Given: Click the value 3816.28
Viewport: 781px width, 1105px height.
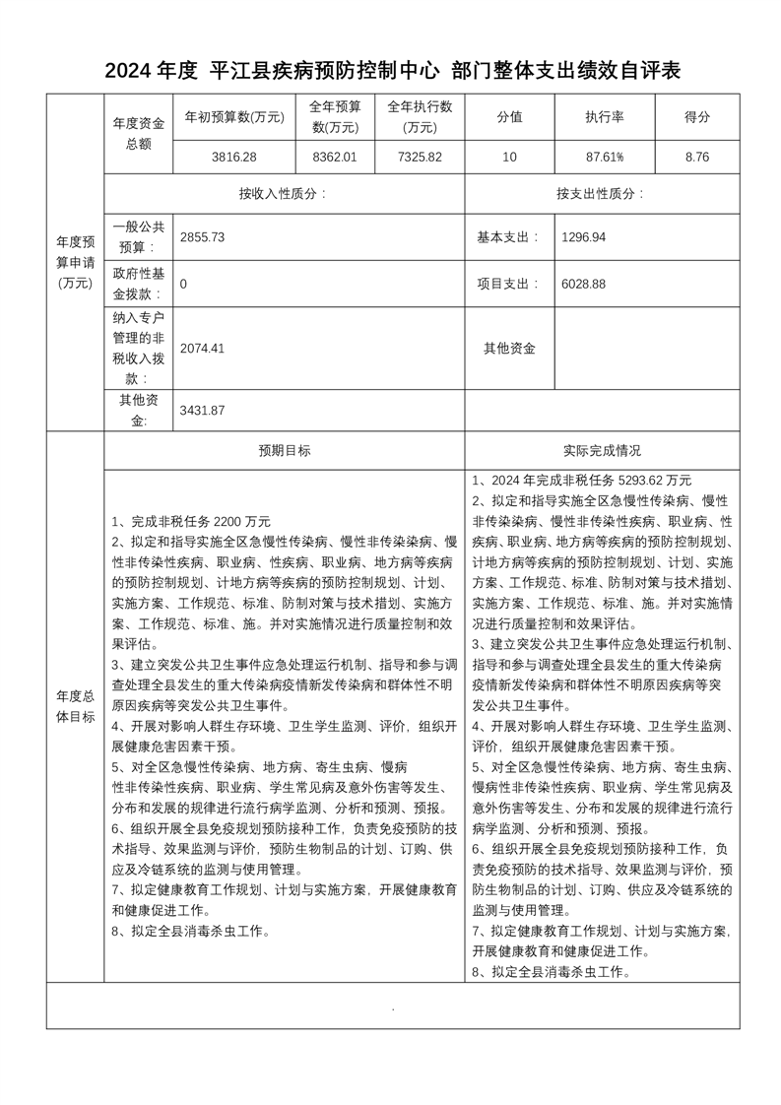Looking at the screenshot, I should (x=234, y=157).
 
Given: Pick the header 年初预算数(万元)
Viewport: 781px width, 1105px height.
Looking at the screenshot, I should (x=234, y=117).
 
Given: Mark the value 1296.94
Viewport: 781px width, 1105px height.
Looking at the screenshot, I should (x=583, y=238).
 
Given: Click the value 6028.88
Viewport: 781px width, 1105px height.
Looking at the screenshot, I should (x=583, y=284).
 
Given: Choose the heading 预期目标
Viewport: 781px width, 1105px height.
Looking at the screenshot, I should (x=285, y=451).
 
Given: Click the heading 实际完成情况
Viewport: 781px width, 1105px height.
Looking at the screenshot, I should (x=602, y=451).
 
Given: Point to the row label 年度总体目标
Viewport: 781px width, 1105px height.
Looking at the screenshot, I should (x=75, y=706).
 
